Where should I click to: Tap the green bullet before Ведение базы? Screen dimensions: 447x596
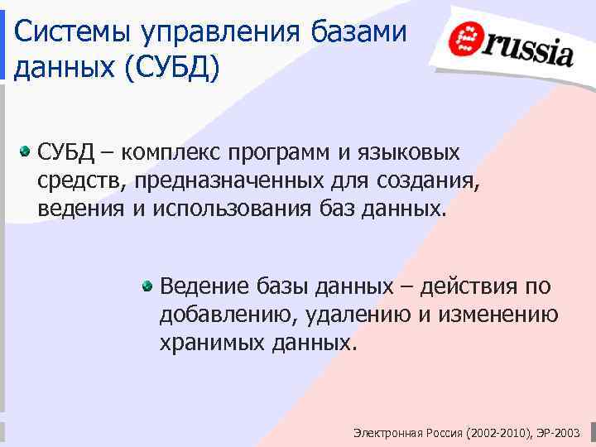147,286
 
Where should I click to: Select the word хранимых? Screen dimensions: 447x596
210,342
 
